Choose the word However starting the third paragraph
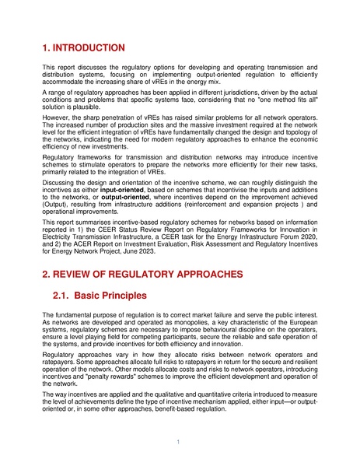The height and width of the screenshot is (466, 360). point(56,121)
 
